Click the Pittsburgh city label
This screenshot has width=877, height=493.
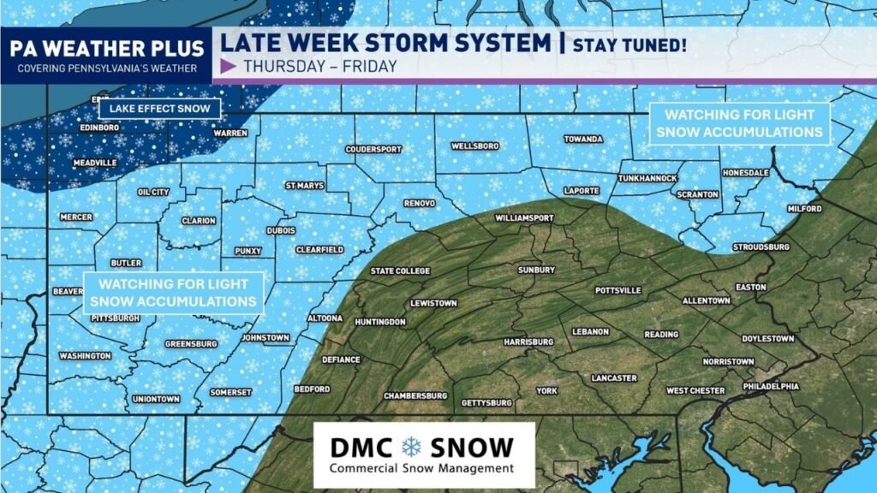114,318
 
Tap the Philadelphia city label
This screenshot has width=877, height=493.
771,386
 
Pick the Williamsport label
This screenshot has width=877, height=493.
524,218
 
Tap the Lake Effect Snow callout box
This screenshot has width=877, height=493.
159,109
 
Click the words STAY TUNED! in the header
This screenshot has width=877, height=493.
630,44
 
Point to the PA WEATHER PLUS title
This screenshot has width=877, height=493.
106,47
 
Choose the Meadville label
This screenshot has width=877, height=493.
95,163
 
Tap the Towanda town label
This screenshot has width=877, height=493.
583,140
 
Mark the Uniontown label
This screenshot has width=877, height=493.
156,399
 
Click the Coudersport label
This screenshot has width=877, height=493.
373,149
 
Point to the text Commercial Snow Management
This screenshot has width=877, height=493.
422,468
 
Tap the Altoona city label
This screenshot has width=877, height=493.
325,318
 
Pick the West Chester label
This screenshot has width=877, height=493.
695,391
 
